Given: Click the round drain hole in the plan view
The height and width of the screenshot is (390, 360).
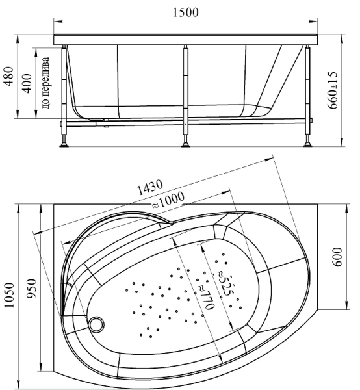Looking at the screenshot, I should click(x=98, y=322).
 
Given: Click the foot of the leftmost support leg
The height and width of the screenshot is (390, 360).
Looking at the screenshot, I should click(x=64, y=142).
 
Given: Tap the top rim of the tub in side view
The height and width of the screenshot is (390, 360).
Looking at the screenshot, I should click(x=186, y=39).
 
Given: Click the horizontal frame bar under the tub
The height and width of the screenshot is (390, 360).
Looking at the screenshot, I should click(x=195, y=120).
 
